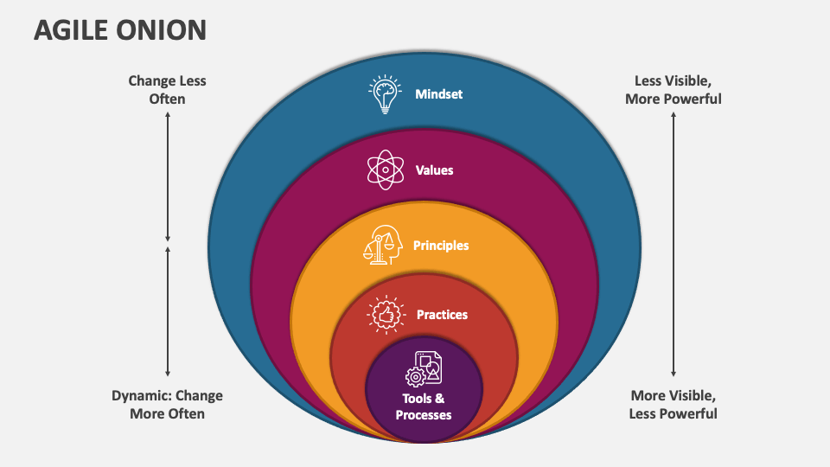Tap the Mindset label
pyautogui.click(x=438, y=93)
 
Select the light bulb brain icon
pyautogui.click(x=385, y=94)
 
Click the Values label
pyautogui.click(x=434, y=170)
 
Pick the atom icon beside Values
pyautogui.click(x=385, y=170)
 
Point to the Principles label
pyautogui.click(x=441, y=246)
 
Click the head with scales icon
pyautogui.click(x=383, y=245)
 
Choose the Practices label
pyautogui.click(x=442, y=315)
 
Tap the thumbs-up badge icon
pyautogui.click(x=386, y=315)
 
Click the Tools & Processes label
pyautogui.click(x=424, y=406)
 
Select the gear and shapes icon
pyautogui.click(x=424, y=368)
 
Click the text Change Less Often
pyautogui.click(x=168, y=90)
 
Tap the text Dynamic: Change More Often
pyautogui.click(x=168, y=405)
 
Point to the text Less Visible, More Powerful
pyautogui.click(x=674, y=90)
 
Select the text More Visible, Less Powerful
pyautogui.click(x=674, y=405)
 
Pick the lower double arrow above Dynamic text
pyautogui.click(x=168, y=311)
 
